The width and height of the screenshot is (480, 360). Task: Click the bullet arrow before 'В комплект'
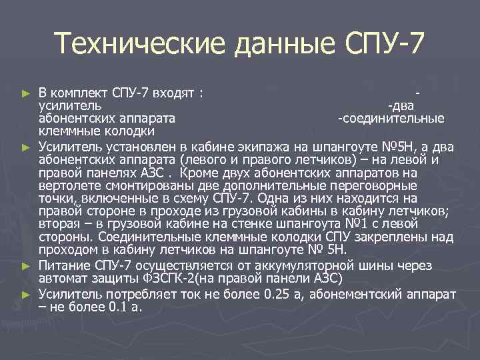(x=26, y=93)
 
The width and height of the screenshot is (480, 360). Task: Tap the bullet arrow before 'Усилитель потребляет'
(x=26, y=294)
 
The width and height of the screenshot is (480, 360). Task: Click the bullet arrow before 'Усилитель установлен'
(x=26, y=145)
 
